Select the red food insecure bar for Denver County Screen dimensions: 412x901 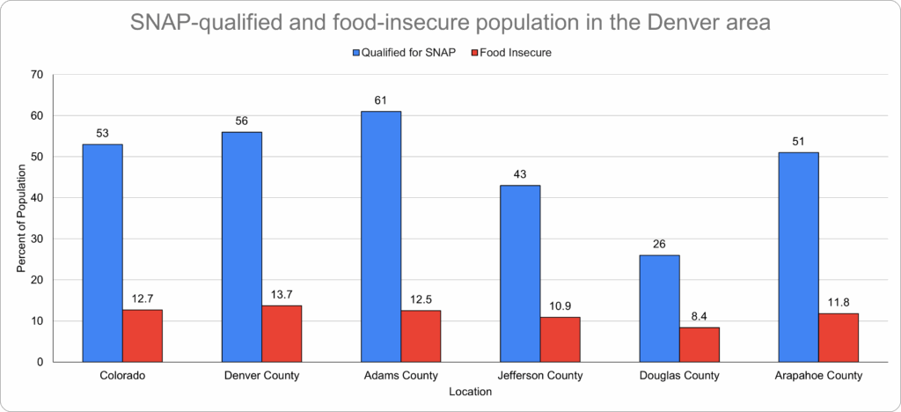(x=282, y=334)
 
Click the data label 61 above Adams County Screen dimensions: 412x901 (x=381, y=101)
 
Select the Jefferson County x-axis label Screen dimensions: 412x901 (x=540, y=376)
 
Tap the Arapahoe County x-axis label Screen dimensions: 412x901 (x=818, y=376)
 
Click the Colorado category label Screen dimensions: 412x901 (x=122, y=376)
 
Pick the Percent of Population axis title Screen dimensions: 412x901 (x=22, y=217)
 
